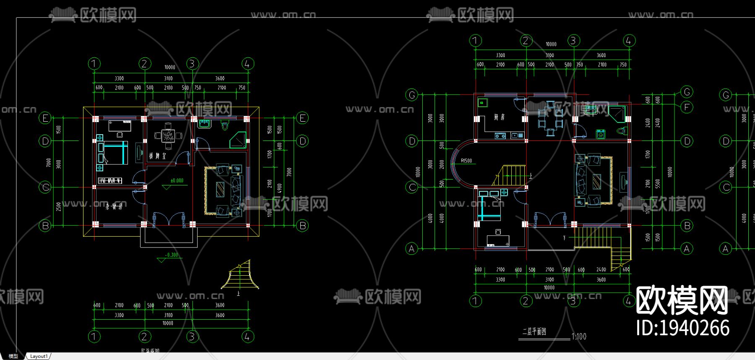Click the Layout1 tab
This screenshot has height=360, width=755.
pyautogui.click(x=39, y=356)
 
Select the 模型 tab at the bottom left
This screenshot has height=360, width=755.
pyautogui.click(x=13, y=356)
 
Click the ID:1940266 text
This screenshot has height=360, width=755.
pyautogui.click(x=682, y=328)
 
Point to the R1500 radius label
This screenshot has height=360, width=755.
pyautogui.click(x=466, y=161)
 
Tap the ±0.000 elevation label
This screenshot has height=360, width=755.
pyautogui.click(x=177, y=181)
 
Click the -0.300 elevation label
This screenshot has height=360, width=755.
pyautogui.click(x=171, y=255)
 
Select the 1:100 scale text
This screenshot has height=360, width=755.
pyautogui.click(x=579, y=337)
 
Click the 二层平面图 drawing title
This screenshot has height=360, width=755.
pyautogui.click(x=534, y=332)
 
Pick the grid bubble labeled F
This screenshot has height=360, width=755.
pyautogui.click(x=687, y=107)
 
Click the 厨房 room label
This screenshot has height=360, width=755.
pyautogui.click(x=499, y=117)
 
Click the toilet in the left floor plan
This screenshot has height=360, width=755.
pyautogui.click(x=225, y=125)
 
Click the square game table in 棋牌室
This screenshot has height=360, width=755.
pyautogui.click(x=168, y=136)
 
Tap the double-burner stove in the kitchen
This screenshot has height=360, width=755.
pyautogui.click(x=500, y=136)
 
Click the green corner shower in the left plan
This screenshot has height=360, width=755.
pyautogui.click(x=238, y=140)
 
